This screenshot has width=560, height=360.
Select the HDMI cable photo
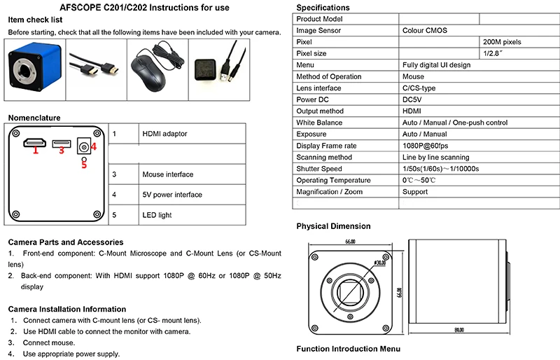[x=96, y=69]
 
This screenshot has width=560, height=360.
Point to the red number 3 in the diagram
[x=62, y=149]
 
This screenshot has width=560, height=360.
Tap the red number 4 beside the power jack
[x=93, y=147]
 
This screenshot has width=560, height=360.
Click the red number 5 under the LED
[x=83, y=165]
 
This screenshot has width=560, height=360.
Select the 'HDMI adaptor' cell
[x=165, y=133]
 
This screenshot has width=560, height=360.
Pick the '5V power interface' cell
[x=172, y=195]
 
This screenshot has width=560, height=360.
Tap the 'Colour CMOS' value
[x=425, y=31]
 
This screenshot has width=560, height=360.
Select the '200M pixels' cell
[x=502, y=42]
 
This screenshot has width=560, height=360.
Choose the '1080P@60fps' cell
[x=426, y=146]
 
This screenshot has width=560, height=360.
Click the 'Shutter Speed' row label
[x=319, y=169]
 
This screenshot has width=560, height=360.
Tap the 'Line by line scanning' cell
[x=436, y=157]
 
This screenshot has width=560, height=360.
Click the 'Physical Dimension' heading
[x=333, y=226]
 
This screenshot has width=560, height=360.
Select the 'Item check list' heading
[x=35, y=20]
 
